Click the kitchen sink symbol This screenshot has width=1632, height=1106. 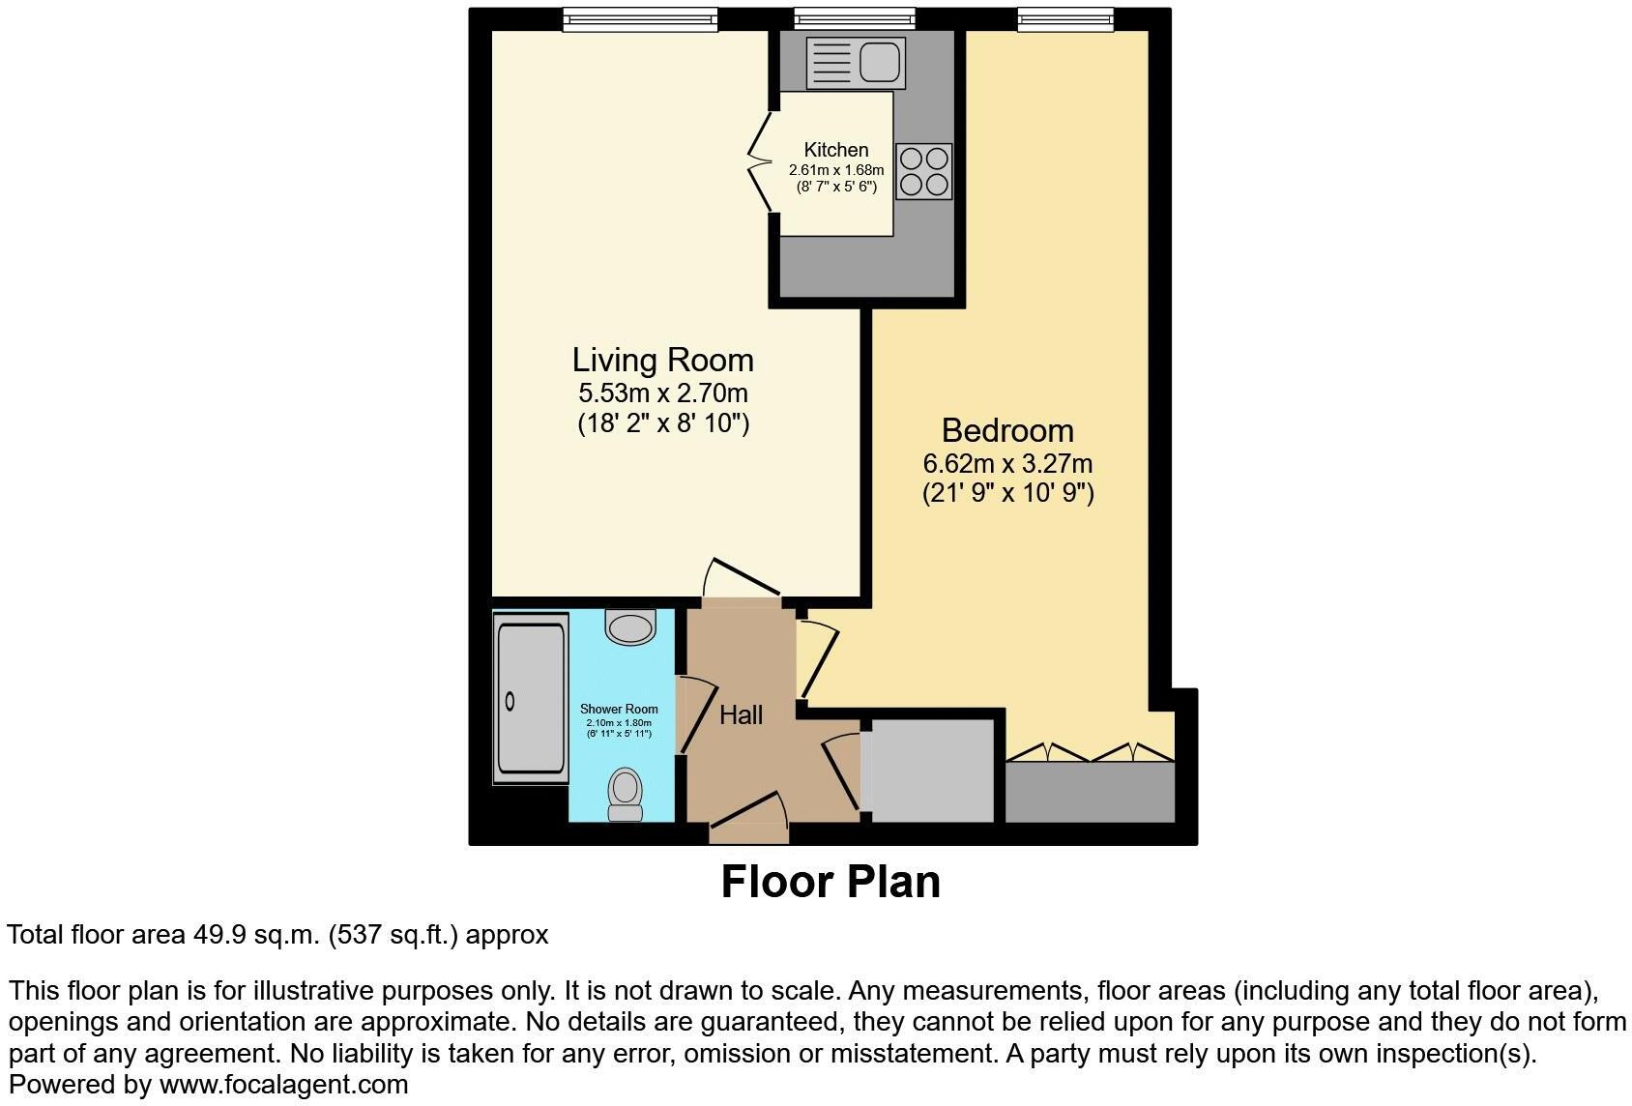tap(856, 61)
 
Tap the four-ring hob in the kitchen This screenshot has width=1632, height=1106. tap(923, 171)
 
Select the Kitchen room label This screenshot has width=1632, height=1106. tap(836, 150)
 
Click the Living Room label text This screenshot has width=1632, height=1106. tap(662, 360)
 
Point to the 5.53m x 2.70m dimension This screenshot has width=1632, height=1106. tap(662, 393)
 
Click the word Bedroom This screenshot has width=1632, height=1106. tap(1007, 430)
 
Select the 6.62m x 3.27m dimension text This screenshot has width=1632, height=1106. tap(1007, 464)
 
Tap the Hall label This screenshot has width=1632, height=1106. tap(742, 715)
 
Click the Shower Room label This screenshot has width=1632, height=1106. tap(619, 709)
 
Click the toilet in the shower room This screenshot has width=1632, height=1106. tap(626, 795)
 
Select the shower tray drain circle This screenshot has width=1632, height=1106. tap(511, 703)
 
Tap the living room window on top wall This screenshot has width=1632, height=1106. tap(640, 17)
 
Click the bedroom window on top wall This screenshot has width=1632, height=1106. tap(1064, 17)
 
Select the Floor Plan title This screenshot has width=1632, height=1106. tap(831, 882)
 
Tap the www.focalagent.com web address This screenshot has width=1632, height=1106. tap(284, 1085)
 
